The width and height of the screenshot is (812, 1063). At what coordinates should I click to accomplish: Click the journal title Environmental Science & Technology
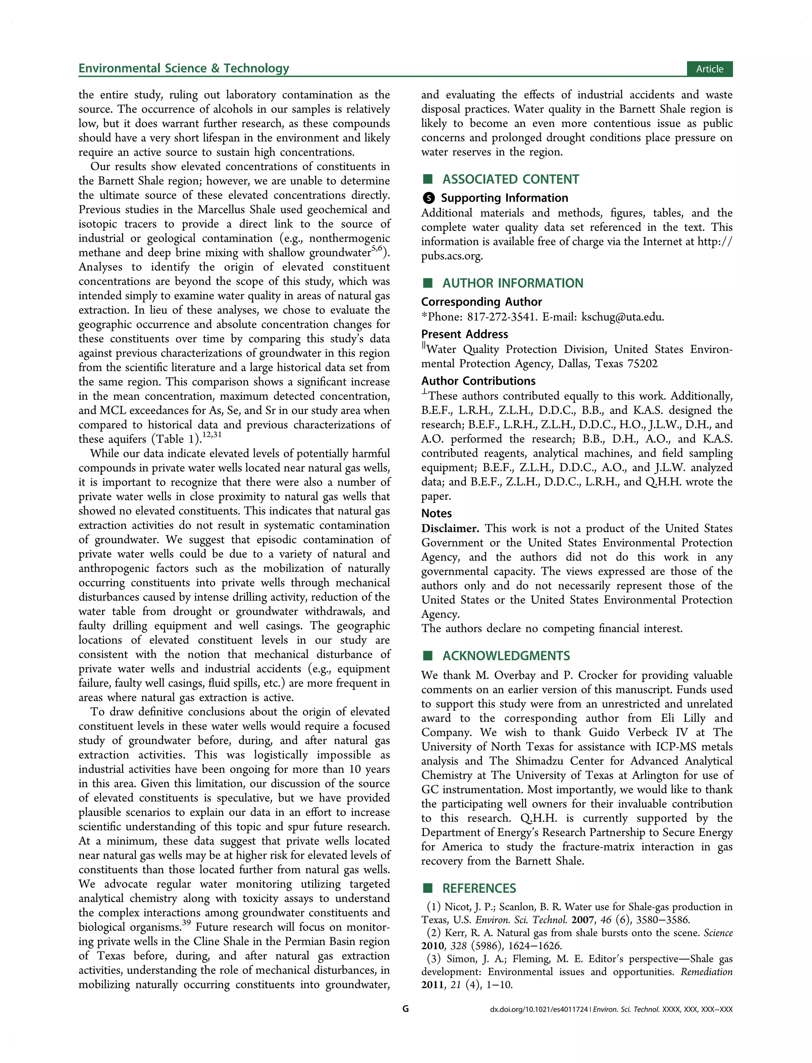(184, 68)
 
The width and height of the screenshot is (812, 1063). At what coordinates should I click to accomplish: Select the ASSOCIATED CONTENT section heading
(510, 179)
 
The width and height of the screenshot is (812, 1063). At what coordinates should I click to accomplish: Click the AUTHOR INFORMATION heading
(513, 283)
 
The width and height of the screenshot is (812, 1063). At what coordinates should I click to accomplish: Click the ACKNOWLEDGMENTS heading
(506, 656)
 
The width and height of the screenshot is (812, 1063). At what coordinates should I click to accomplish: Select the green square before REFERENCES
(427, 888)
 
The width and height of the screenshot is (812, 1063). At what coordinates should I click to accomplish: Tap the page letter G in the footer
(406, 1009)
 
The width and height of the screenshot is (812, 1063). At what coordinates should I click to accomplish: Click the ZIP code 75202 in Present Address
(642, 363)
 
